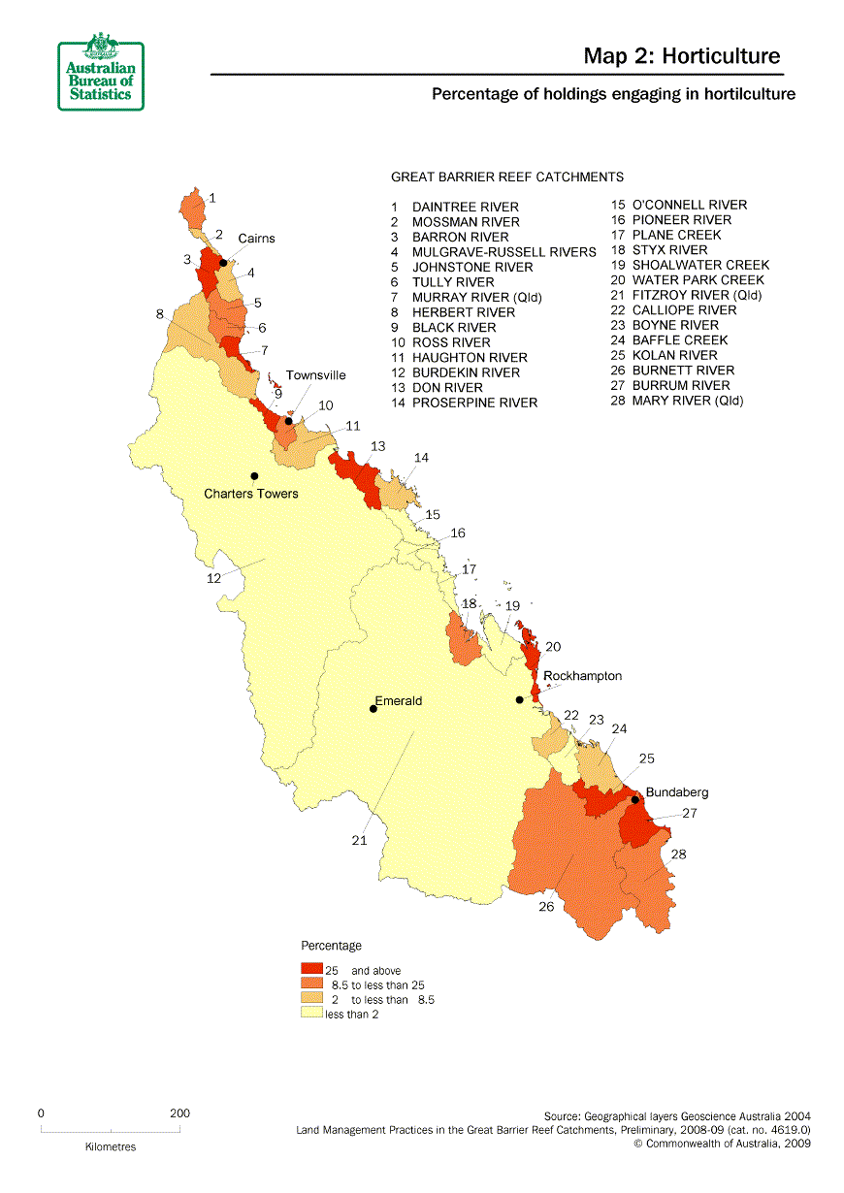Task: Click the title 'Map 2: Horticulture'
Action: pos(681,56)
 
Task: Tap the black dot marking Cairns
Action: pos(223,262)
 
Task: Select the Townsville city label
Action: pos(315,375)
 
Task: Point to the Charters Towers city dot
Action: pos(254,475)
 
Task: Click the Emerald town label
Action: pos(399,700)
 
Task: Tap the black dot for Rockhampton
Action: pos(520,699)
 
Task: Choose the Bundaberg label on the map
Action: pos(677,792)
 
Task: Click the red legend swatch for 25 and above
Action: pos(311,969)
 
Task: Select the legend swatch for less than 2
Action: pos(311,1014)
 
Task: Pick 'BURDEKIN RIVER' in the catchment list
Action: pos(466,372)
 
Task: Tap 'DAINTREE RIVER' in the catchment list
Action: pos(465,207)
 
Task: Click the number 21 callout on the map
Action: pos(359,841)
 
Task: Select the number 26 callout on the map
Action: pos(547,907)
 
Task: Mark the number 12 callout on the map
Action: pos(213,578)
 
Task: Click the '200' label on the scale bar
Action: pos(179,1113)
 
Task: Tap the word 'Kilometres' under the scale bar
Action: pos(109,1146)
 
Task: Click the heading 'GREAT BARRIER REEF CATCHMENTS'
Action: pos(506,177)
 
